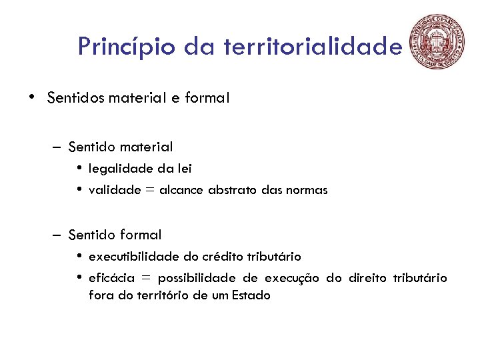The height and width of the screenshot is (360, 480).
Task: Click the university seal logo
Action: click(437, 41)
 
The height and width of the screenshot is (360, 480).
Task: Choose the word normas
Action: click(307, 190)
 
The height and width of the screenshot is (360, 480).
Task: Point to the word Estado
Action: click(251, 295)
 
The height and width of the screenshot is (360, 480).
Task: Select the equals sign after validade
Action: click(150, 191)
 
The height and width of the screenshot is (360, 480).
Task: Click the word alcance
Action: click(181, 190)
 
